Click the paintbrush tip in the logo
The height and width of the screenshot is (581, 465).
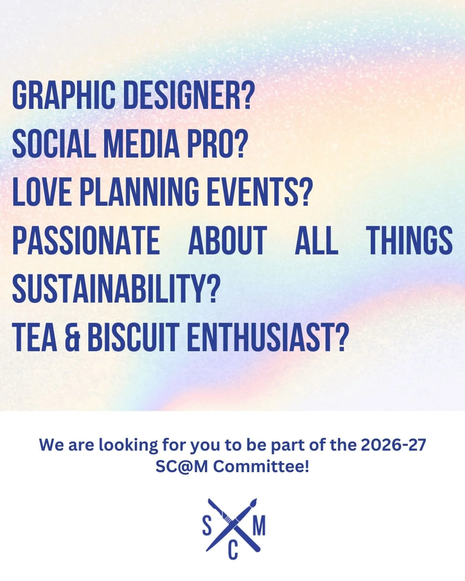[x=254, y=502]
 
